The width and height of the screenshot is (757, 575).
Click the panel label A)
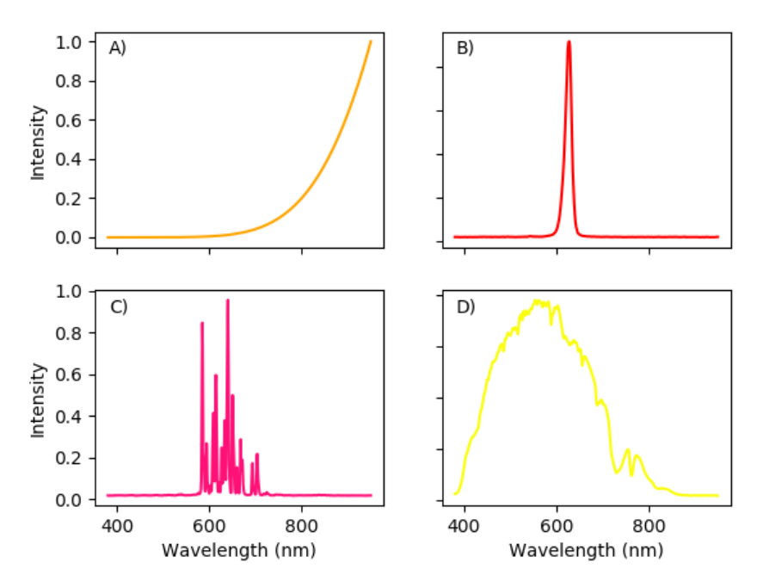(117, 49)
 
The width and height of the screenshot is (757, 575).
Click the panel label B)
(465, 49)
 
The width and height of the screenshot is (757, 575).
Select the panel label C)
(118, 306)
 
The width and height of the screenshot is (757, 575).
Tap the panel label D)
(465, 306)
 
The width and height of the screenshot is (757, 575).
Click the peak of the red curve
(569, 41)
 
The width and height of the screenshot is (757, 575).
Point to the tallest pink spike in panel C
(227, 300)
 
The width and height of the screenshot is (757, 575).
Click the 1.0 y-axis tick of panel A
(76, 42)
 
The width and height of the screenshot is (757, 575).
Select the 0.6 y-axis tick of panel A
(76, 120)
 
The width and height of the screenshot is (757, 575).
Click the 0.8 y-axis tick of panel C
(76, 333)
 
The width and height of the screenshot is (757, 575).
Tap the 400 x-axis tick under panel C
(118, 522)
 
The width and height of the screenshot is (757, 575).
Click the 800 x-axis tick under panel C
(302, 522)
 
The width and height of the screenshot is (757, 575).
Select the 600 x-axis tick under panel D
(557, 522)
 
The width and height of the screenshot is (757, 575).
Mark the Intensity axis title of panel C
(38, 399)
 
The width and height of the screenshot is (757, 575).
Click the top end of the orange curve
(371, 41)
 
